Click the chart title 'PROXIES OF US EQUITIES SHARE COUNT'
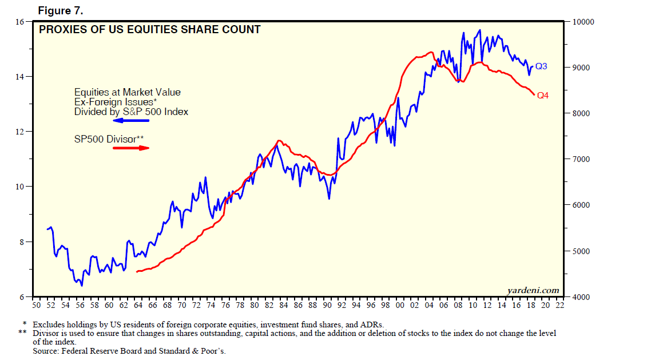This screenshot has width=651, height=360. point(149,29)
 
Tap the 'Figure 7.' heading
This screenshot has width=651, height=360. point(60,10)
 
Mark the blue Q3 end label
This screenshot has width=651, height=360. point(541,66)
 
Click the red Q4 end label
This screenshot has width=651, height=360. point(542,96)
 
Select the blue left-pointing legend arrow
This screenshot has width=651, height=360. point(131,121)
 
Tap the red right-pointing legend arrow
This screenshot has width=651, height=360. point(131,148)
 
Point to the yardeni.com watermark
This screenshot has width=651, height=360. point(533,290)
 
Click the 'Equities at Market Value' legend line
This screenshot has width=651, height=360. point(127,92)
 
